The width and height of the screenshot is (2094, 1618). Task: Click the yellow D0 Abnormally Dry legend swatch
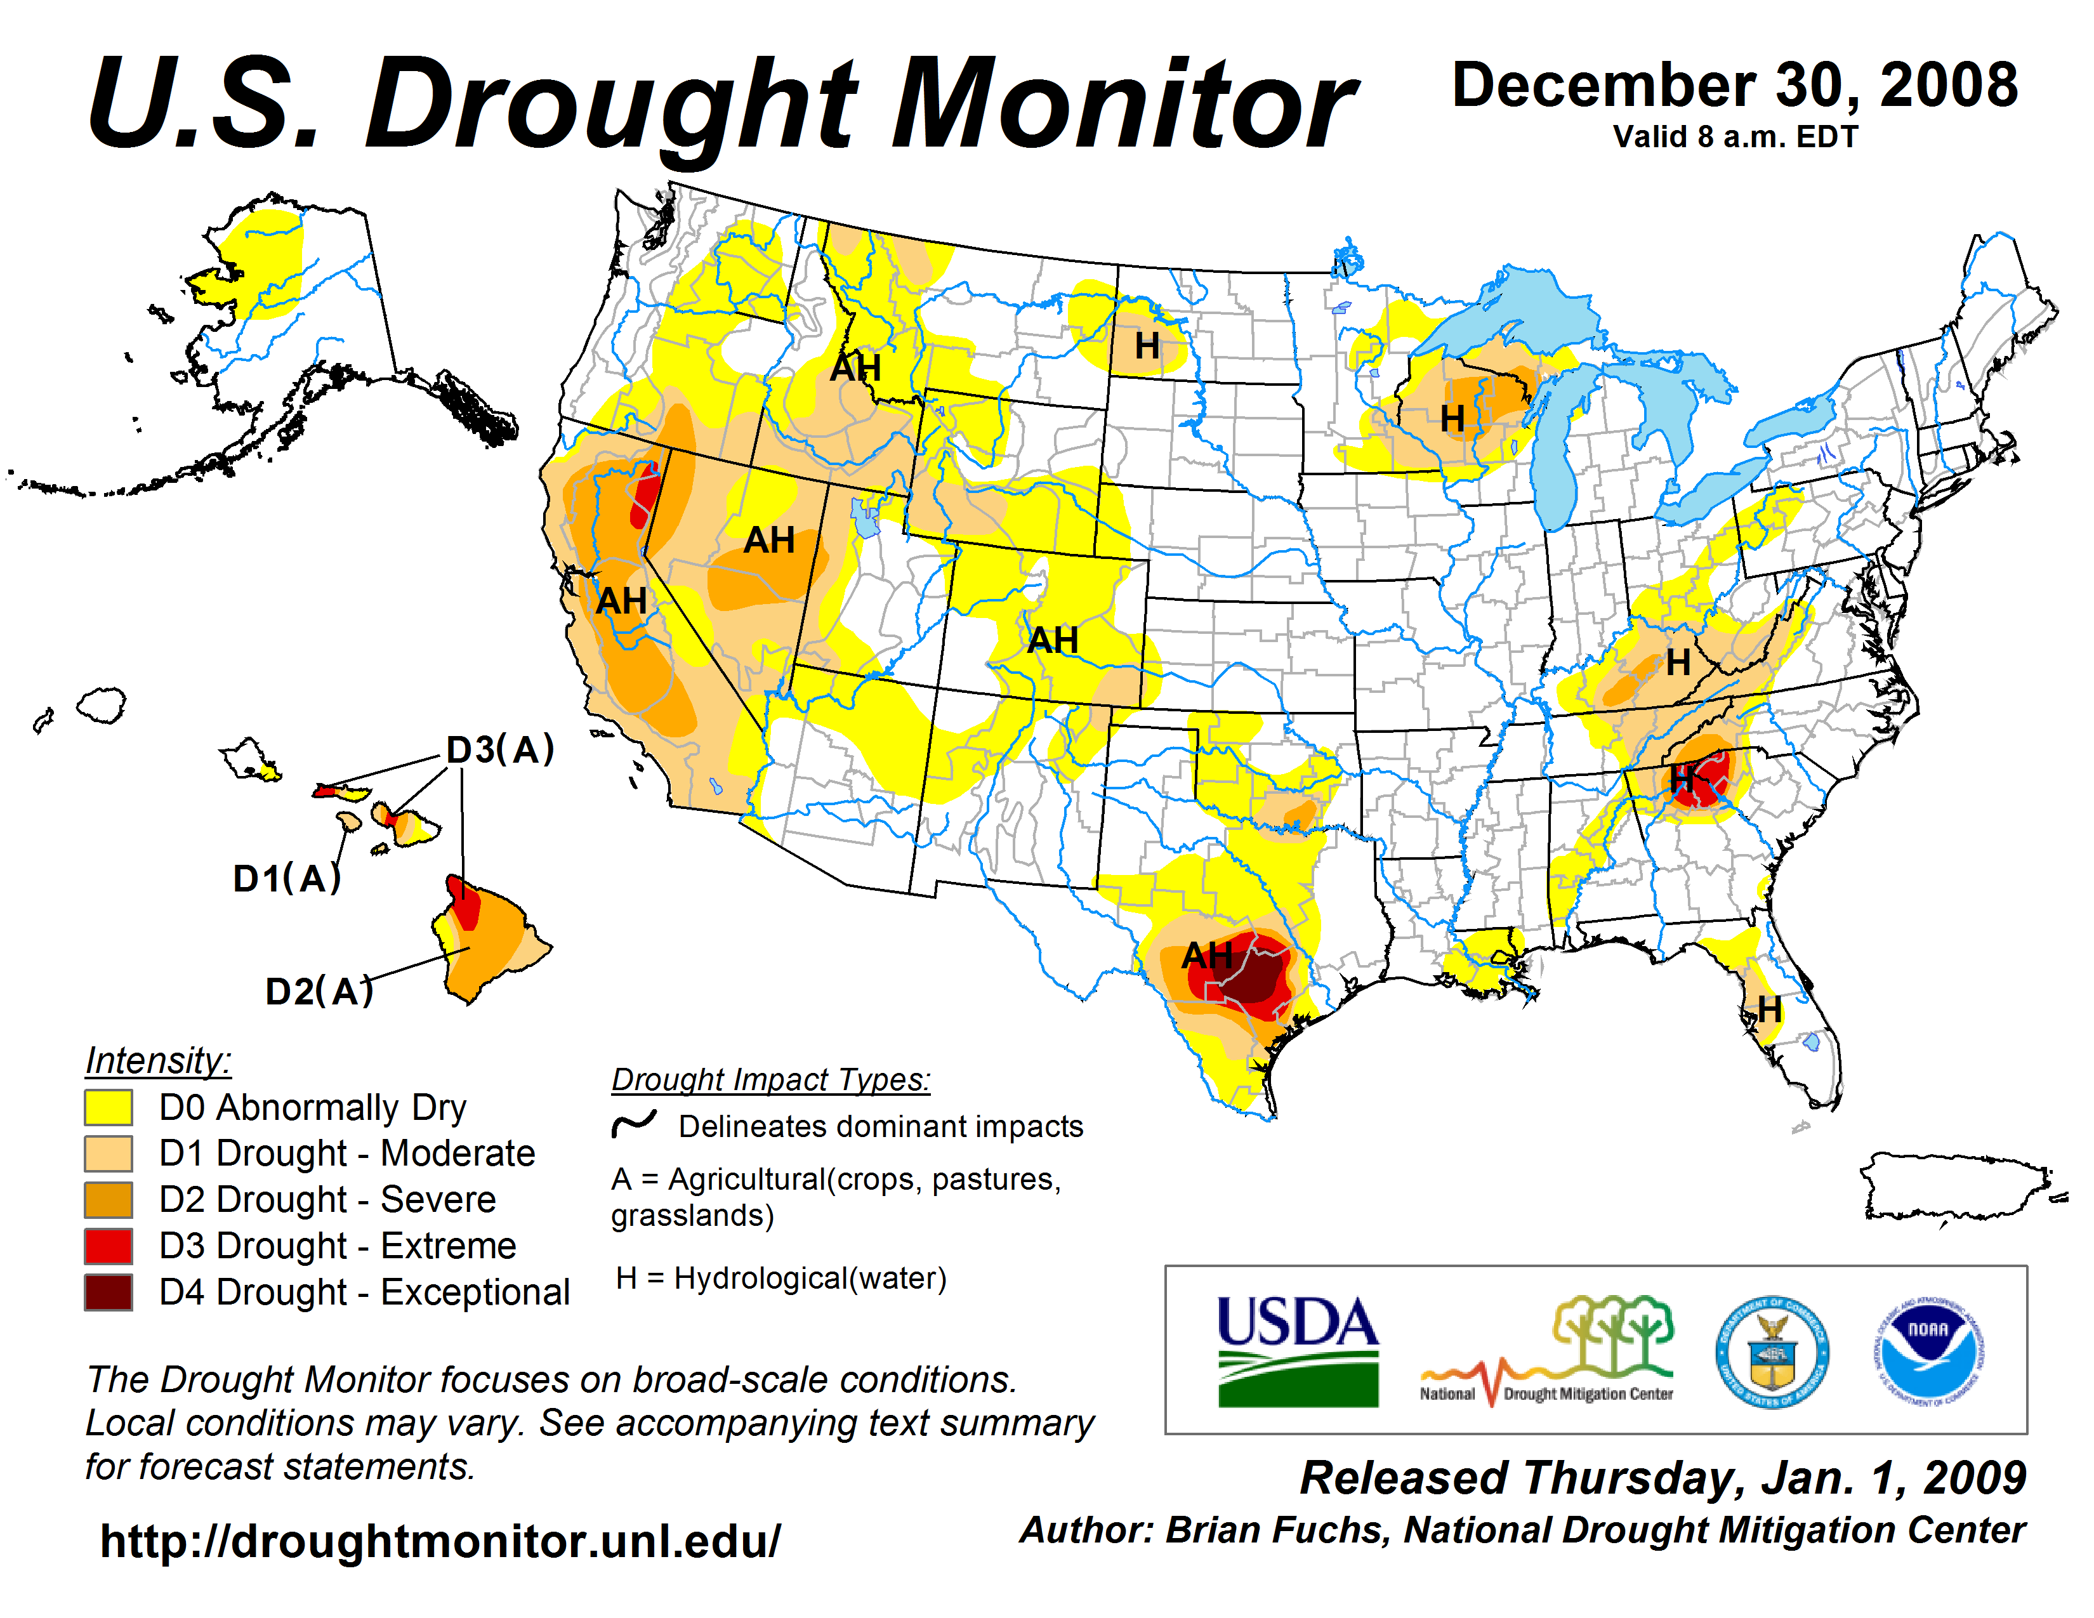(109, 1107)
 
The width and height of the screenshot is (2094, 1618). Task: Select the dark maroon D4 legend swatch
(109, 1292)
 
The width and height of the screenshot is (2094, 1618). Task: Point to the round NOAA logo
(1928, 1352)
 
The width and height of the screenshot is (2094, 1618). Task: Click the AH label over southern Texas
(1206, 955)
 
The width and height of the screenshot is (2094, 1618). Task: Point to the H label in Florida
(1769, 1008)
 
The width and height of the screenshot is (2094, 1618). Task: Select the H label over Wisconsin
(1452, 418)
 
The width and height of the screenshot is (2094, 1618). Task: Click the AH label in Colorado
(1053, 640)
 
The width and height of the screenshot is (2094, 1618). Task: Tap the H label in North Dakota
(1147, 346)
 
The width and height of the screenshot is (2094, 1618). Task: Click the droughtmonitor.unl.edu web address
(440, 1541)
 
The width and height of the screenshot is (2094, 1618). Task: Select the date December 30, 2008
(1734, 85)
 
